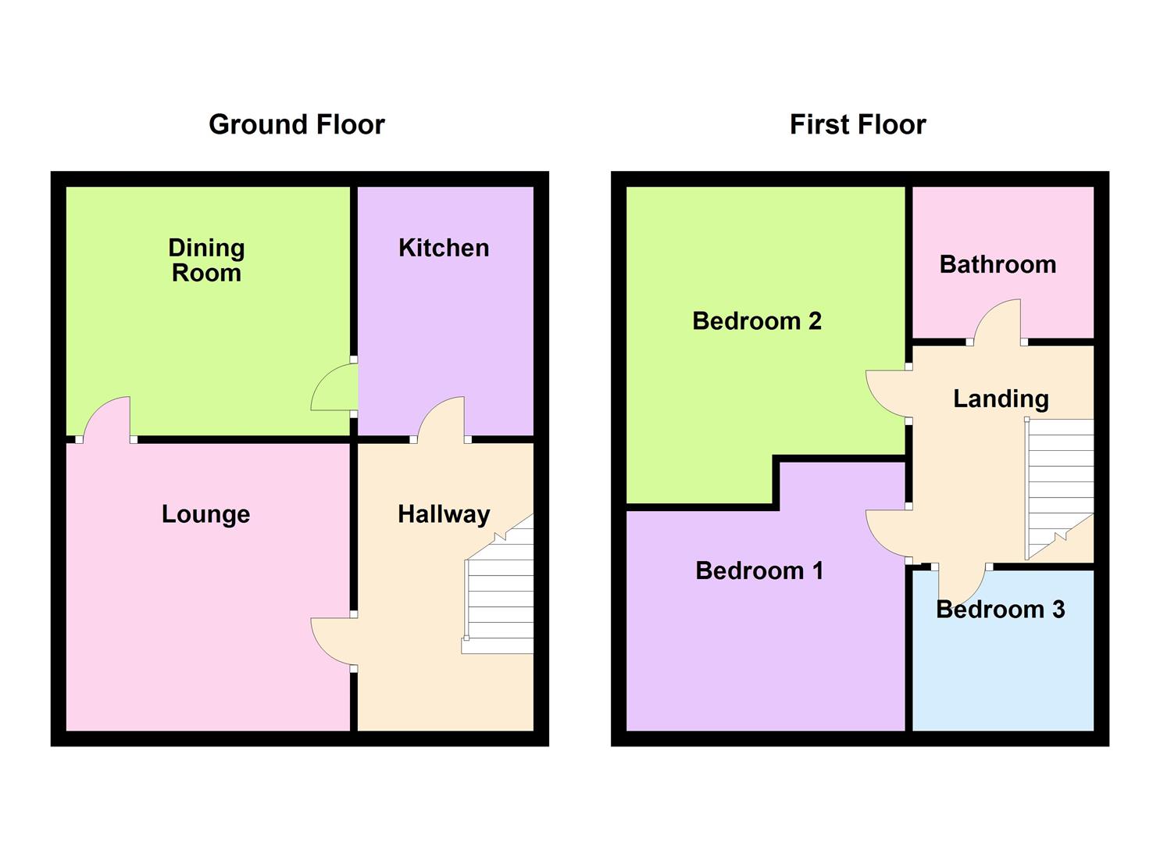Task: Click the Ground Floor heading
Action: [x=297, y=125]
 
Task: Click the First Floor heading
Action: [x=858, y=125]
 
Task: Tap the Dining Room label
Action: [x=207, y=260]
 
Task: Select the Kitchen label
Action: [x=444, y=249]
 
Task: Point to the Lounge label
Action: [x=206, y=514]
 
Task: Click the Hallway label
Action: [x=444, y=515]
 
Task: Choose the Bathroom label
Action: [x=998, y=265]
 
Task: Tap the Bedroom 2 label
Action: [x=757, y=321]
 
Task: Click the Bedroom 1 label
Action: [x=759, y=571]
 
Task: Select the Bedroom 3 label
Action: [x=1001, y=610]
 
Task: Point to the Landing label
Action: [x=1001, y=399]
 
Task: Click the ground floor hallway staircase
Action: [x=498, y=585]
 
